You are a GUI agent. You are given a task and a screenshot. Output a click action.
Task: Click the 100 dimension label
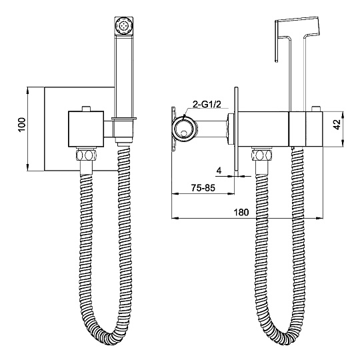22,125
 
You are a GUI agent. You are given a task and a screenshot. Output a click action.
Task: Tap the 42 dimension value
337,125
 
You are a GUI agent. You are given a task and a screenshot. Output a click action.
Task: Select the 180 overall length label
241,212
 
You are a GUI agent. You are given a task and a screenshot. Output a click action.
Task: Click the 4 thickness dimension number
219,171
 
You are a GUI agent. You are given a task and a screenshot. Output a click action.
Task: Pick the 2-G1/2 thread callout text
207,104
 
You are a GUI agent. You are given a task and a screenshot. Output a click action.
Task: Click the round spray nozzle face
124,26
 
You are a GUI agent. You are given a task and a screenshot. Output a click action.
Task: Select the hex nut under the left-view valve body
86,155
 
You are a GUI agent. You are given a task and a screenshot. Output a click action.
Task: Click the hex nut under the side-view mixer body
262,155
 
